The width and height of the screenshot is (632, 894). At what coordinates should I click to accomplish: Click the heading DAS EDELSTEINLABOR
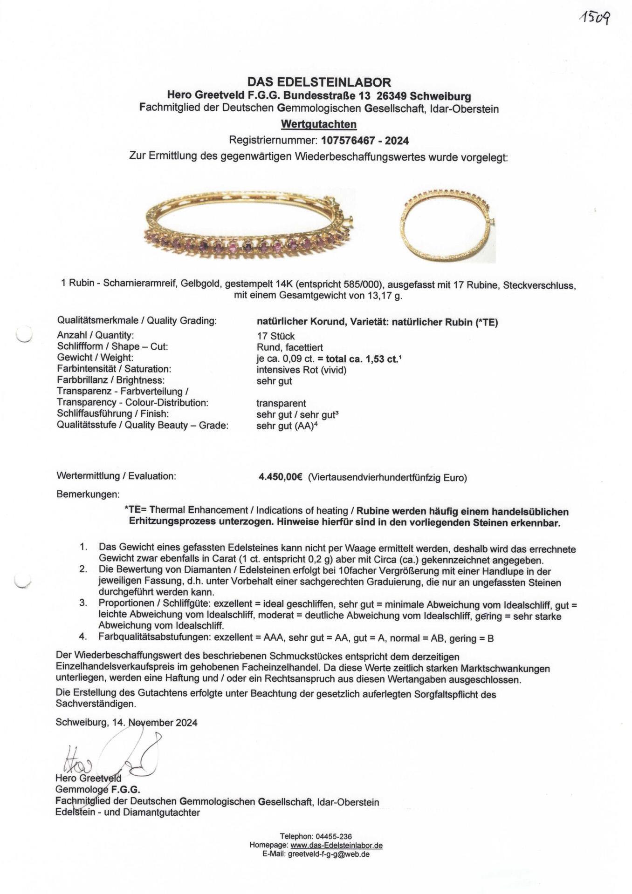click(319, 82)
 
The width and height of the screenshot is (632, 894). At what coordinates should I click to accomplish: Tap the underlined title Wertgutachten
click(319, 125)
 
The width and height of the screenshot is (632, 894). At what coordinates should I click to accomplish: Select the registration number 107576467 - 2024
click(365, 140)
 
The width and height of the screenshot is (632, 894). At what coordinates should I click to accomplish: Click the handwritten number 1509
click(594, 19)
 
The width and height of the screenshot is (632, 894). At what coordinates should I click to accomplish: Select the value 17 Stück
click(275, 336)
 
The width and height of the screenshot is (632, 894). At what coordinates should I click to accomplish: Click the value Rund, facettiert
click(289, 347)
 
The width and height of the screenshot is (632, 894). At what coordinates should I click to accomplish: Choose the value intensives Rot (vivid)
click(301, 370)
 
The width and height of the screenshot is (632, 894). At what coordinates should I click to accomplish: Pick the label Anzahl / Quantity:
click(95, 335)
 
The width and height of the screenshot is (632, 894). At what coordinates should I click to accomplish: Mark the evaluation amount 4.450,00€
click(281, 477)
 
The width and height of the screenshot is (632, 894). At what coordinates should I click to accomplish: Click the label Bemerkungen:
click(88, 494)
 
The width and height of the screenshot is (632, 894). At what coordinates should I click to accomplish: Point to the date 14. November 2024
click(155, 723)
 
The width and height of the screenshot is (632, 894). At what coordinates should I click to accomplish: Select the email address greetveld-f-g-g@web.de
click(329, 854)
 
